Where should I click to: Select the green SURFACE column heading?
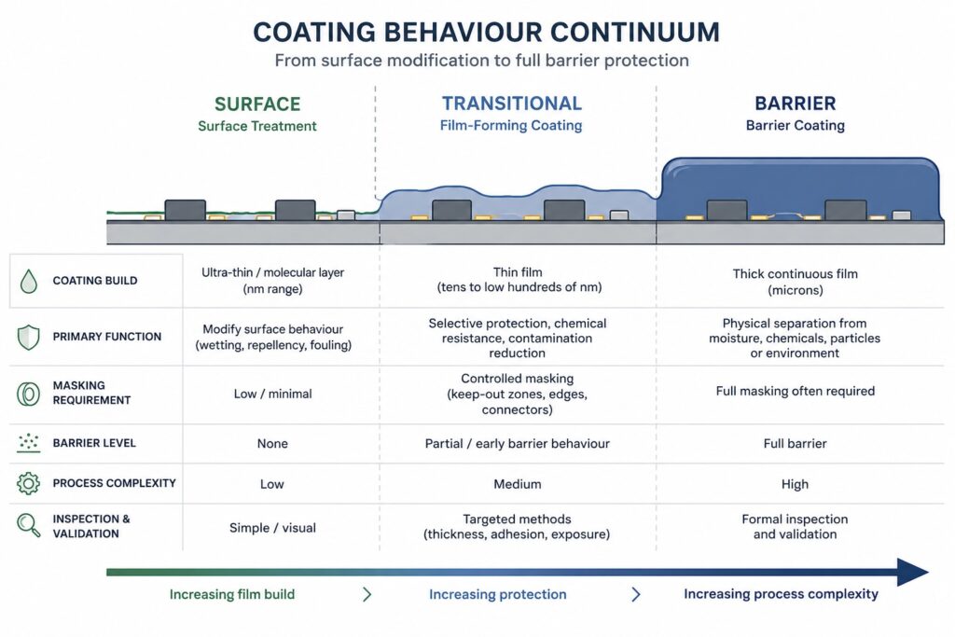coord(256,104)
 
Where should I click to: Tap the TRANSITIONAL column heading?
coord(511,104)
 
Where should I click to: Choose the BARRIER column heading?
coord(796,104)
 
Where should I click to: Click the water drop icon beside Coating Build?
coord(28,281)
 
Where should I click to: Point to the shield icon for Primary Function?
coord(28,337)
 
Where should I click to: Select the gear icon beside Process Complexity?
coord(28,484)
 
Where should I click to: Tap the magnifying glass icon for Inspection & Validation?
coord(28,526)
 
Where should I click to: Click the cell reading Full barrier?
coord(795,444)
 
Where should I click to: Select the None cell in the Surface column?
coord(272,444)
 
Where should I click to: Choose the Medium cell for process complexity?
coord(517,484)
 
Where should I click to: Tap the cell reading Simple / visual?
coord(272,528)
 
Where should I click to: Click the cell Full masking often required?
coord(795,391)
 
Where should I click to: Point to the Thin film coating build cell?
coord(517,281)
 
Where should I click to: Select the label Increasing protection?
coord(497,594)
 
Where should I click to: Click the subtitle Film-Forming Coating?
coord(511,126)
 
